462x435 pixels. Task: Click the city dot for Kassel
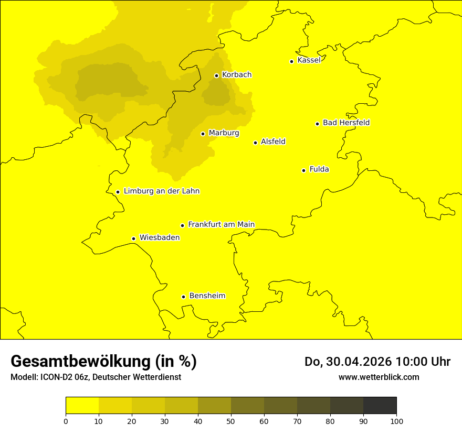tap(291, 61)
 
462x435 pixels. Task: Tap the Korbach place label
tap(236, 75)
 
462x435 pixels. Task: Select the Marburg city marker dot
tap(203, 134)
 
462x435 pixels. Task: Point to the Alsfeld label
tap(273, 142)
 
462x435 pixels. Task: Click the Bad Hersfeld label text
tap(346, 123)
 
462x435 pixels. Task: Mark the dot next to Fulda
tap(303, 170)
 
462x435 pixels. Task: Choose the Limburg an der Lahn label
tap(161, 191)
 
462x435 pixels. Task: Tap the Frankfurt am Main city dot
tap(183, 225)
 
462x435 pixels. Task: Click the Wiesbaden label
tap(159, 237)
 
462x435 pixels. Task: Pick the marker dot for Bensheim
tap(183, 297)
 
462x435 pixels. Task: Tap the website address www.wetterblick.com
tap(379, 377)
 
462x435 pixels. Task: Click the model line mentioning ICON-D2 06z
tap(96, 377)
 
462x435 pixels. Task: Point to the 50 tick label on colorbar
tap(231, 421)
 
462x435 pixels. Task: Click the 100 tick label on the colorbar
tap(396, 421)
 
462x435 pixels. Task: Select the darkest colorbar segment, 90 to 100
tap(380, 406)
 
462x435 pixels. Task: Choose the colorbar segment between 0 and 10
tap(82, 406)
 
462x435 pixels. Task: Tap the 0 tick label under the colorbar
tap(66, 421)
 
